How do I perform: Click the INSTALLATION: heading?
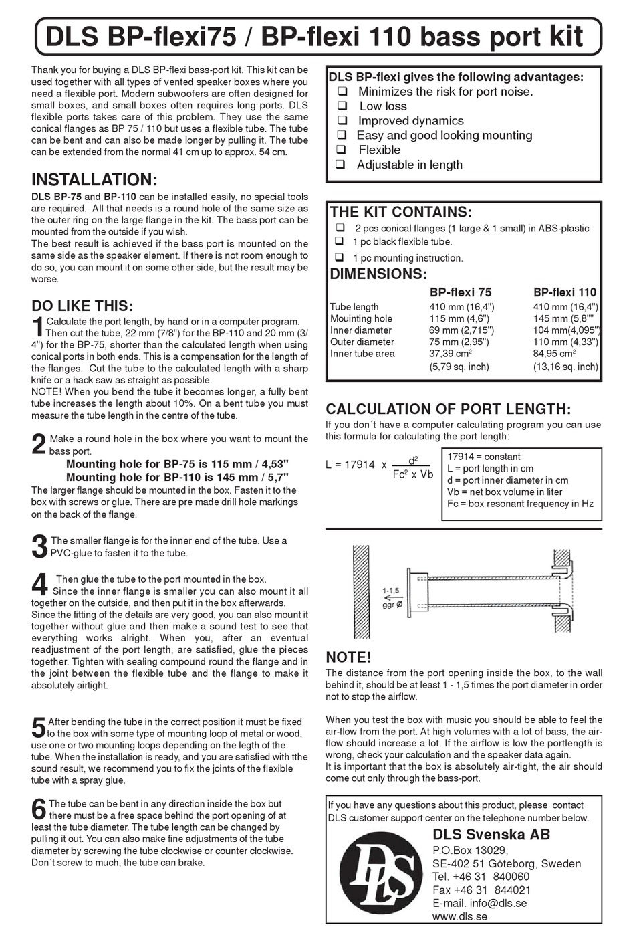[94, 179]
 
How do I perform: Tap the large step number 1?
[39, 328]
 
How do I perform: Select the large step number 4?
[39, 585]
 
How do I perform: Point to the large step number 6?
[39, 809]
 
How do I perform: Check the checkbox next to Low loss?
[342, 106]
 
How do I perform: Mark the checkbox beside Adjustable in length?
[341, 165]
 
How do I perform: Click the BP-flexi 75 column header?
[460, 292]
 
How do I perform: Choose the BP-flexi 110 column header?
[565, 292]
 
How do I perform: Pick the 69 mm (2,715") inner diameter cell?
[461, 330]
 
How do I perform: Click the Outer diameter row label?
[362, 342]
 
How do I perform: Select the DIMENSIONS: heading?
[378, 274]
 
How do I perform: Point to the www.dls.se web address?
[460, 916]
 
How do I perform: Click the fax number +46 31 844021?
[481, 890]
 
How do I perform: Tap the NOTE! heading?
[348, 657]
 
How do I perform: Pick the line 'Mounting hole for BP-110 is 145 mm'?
[177, 477]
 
